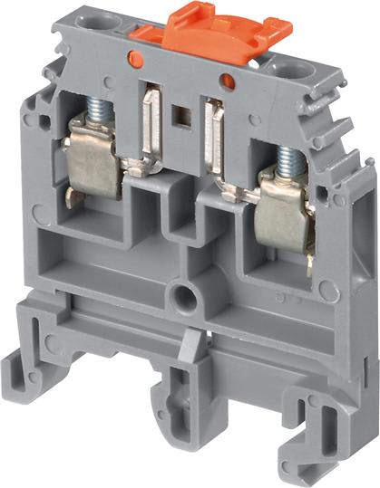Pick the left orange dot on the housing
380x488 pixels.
click(x=136, y=60)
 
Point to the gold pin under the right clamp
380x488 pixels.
click(x=311, y=263)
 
